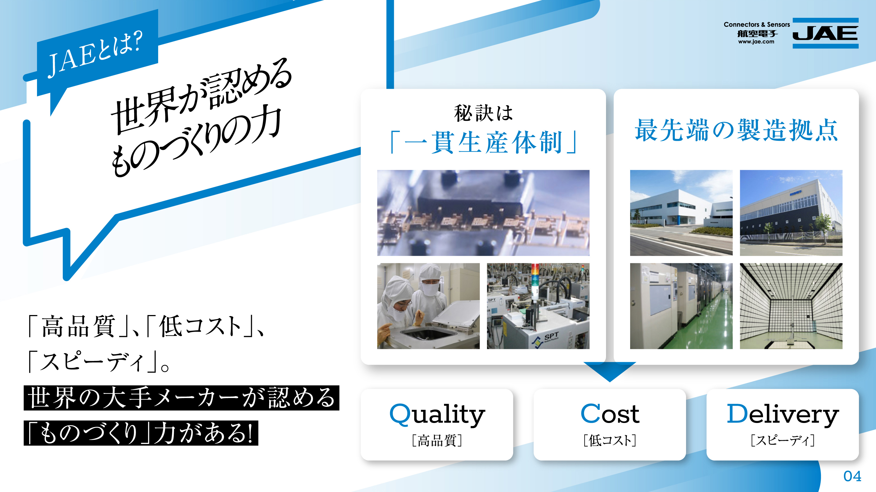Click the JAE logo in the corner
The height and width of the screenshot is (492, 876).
pyautogui.click(x=825, y=33)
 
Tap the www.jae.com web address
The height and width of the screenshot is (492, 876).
pyautogui.click(x=756, y=42)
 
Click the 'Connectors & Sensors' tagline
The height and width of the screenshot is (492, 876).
pyautogui.click(x=757, y=24)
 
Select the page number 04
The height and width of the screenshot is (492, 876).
pyautogui.click(x=852, y=476)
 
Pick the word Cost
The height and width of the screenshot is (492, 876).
pyautogui.click(x=610, y=414)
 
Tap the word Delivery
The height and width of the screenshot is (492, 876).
pyautogui.click(x=783, y=414)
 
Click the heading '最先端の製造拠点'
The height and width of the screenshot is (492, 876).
pyautogui.click(x=736, y=130)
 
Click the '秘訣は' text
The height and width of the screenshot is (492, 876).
pyautogui.click(x=483, y=113)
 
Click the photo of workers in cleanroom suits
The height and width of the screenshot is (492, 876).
pyautogui.click(x=428, y=306)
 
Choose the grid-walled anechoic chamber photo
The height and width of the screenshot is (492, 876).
pyautogui.click(x=791, y=306)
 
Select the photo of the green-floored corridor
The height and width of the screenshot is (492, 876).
pyautogui.click(x=681, y=306)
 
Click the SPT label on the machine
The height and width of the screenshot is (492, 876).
pyautogui.click(x=551, y=337)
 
